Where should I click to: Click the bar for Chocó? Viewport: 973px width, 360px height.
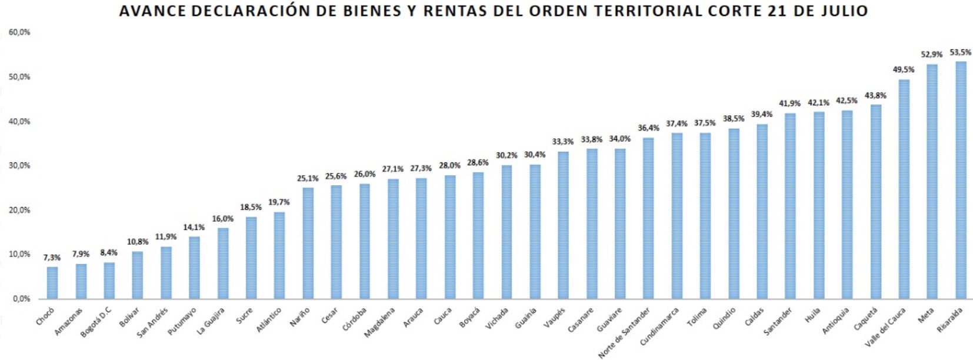[x=52, y=283]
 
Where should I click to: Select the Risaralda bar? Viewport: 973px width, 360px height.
[x=961, y=180]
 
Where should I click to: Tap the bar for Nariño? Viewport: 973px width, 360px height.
[x=308, y=243]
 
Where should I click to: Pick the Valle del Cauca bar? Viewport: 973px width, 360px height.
[x=904, y=189]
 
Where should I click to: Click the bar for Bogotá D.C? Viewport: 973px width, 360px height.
[x=109, y=281]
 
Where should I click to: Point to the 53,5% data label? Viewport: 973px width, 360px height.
[x=961, y=52]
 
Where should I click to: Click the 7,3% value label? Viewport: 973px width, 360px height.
[x=52, y=258]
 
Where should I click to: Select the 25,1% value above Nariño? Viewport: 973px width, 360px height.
[x=308, y=178]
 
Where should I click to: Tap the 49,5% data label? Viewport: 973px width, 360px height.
[x=904, y=69]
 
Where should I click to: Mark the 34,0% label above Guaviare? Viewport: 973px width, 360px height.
[x=619, y=139]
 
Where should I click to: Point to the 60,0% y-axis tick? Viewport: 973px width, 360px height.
[x=19, y=32]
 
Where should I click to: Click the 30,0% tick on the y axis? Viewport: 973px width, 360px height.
[x=19, y=166]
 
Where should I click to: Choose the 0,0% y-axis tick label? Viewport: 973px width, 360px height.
[x=21, y=299]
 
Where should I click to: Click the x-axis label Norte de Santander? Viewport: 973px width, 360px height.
[x=624, y=332]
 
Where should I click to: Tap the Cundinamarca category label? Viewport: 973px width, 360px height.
[x=659, y=326]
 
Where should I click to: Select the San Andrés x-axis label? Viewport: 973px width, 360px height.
[x=152, y=322]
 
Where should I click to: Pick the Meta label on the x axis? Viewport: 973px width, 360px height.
[x=926, y=315]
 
